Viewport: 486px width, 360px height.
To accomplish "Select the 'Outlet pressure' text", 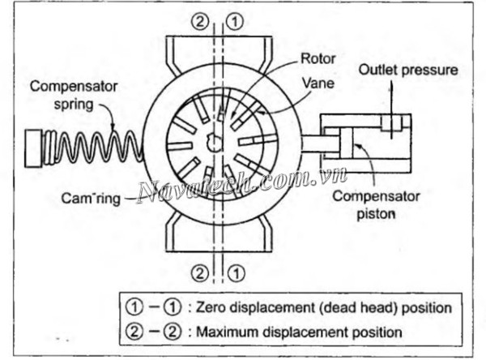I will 408,71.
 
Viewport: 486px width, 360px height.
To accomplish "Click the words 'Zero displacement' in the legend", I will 258,308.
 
